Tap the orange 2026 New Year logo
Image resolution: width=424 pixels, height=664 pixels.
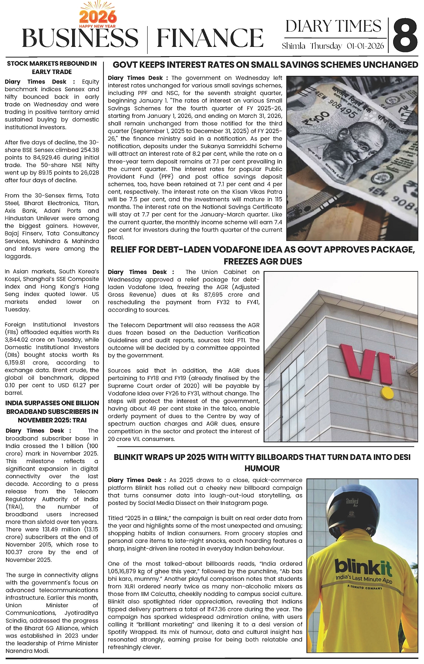[98, 17]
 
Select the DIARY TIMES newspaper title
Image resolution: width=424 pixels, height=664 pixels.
[333, 26]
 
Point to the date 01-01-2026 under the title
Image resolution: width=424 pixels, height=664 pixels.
[365, 46]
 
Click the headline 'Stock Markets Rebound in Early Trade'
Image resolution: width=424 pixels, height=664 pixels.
[52, 68]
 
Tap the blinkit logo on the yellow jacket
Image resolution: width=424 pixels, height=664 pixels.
[363, 568]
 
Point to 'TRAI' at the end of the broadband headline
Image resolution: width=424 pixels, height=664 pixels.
[80, 420]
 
